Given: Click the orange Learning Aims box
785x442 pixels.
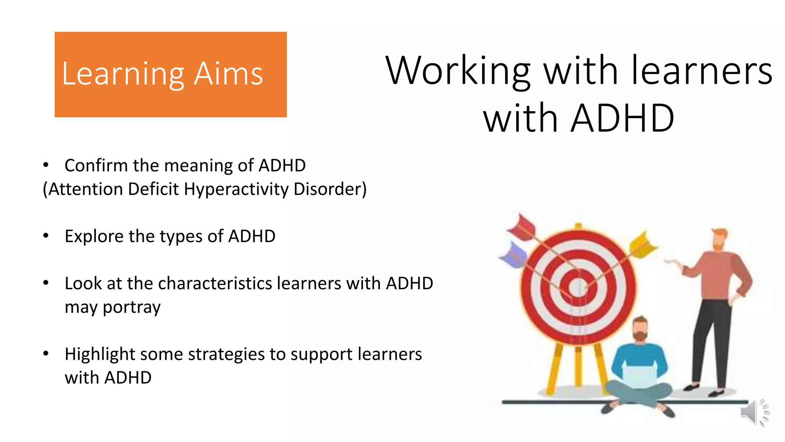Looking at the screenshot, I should pos(171,74).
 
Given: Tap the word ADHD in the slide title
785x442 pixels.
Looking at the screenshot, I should pos(622,119).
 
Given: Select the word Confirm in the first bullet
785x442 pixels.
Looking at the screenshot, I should pos(96,166).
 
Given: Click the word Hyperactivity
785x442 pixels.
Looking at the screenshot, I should pos(236,189).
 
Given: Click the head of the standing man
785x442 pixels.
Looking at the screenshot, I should pos(719,239).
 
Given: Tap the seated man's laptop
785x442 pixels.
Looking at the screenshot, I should pos(639,376).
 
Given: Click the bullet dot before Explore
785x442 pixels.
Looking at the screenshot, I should pos(46,236).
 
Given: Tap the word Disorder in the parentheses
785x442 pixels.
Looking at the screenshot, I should pos(330,189).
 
